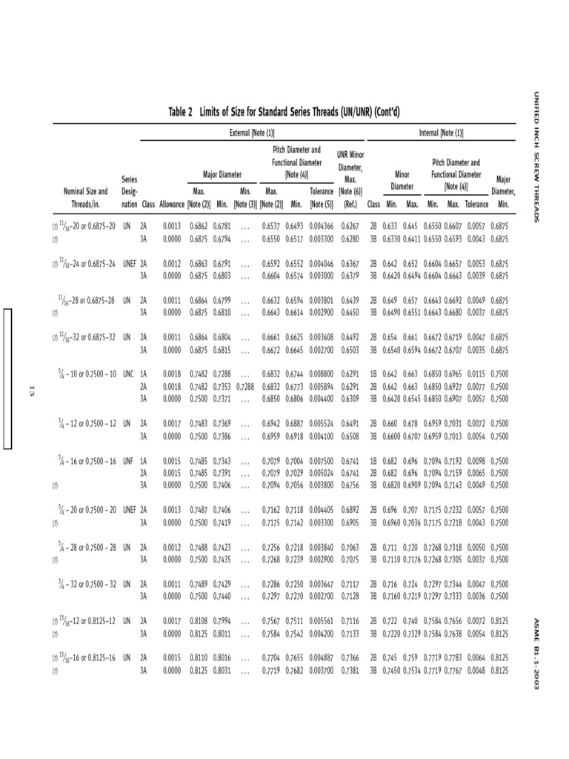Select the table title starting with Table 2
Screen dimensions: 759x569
[284, 112]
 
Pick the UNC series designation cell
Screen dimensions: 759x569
[129, 374]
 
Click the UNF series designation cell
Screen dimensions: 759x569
[129, 461]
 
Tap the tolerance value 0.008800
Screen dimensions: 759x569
[322, 374]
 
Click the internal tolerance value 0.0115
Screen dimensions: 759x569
[477, 374]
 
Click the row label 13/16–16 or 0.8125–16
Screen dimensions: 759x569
[84, 657]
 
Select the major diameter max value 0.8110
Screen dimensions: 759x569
[198, 657]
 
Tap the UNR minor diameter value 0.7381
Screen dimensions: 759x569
[351, 670]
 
